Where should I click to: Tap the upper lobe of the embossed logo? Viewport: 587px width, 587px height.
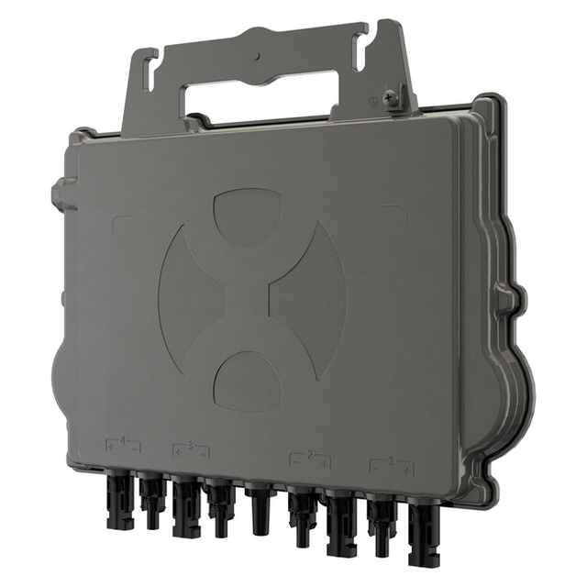click(x=249, y=216)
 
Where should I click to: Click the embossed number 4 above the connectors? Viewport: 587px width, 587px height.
click(x=123, y=441)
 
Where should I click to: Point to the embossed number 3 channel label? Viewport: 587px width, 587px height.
click(x=191, y=446)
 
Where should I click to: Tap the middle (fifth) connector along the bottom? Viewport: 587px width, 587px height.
click(x=259, y=509)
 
